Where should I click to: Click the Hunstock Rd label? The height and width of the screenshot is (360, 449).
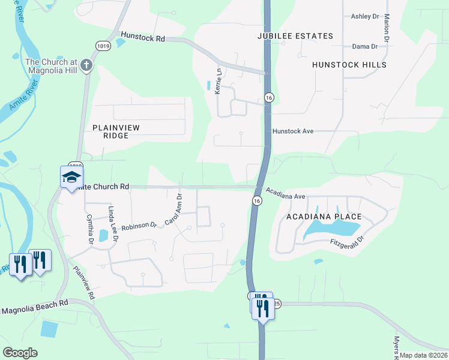click(x=142, y=37)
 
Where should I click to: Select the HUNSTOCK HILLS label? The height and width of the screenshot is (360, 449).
click(x=349, y=65)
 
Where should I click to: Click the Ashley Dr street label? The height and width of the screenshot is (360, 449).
click(x=365, y=16)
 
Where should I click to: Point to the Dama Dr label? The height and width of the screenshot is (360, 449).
click(x=365, y=46)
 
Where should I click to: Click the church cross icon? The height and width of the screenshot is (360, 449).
click(x=86, y=65)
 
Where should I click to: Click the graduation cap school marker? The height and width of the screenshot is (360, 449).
click(x=71, y=177)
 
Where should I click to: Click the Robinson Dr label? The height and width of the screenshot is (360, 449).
click(x=139, y=226)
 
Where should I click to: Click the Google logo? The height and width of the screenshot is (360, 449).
click(x=20, y=353)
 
